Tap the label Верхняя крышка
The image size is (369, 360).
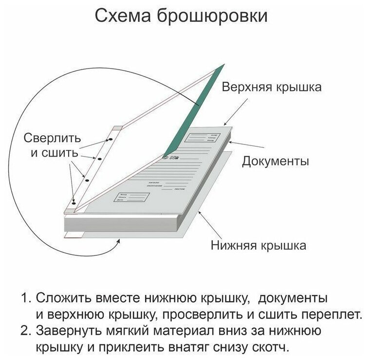272,88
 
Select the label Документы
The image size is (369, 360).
275,161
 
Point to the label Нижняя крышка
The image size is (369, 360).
258,245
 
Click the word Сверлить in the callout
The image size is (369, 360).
53,138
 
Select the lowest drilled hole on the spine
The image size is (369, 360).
74,200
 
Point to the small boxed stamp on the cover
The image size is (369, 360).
131,197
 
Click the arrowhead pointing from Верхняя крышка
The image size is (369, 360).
227,125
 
